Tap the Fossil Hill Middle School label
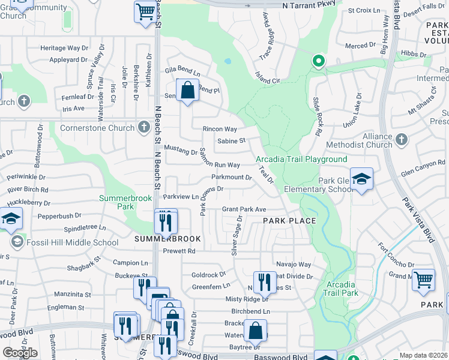73,243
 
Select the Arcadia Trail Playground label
301,159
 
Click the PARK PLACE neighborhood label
289,221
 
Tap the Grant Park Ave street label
244,209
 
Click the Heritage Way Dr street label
68,48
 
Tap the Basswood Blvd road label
282,357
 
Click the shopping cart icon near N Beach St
145,11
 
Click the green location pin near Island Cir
318,61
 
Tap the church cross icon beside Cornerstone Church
143,127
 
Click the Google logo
20,353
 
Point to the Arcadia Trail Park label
342,289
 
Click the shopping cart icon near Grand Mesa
424,280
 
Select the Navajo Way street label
294,264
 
